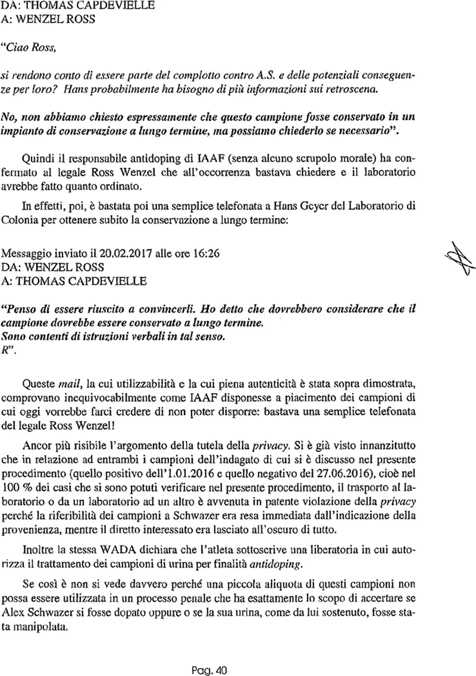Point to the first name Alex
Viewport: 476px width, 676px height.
pos(15,613)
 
